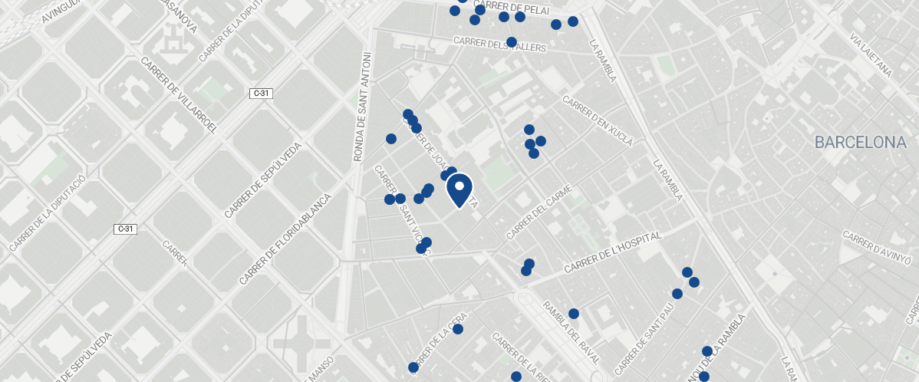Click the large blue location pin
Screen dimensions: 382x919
point(459,189)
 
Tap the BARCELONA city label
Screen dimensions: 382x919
point(861,143)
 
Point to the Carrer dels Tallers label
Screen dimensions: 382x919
point(499,44)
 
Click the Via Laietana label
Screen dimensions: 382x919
point(871,54)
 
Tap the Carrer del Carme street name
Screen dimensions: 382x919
point(539,211)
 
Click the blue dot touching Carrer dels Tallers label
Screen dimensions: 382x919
point(512,42)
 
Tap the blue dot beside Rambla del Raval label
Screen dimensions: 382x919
point(573,314)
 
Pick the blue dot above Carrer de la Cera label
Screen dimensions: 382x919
point(458,329)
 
